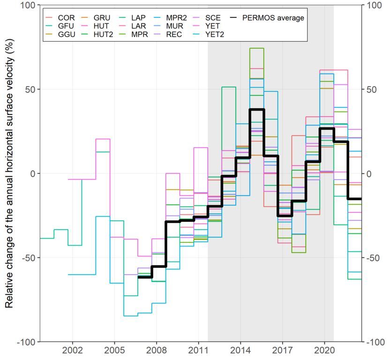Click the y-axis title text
tap(9, 173)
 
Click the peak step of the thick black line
tap(257, 109)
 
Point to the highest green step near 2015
tap(257, 48)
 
